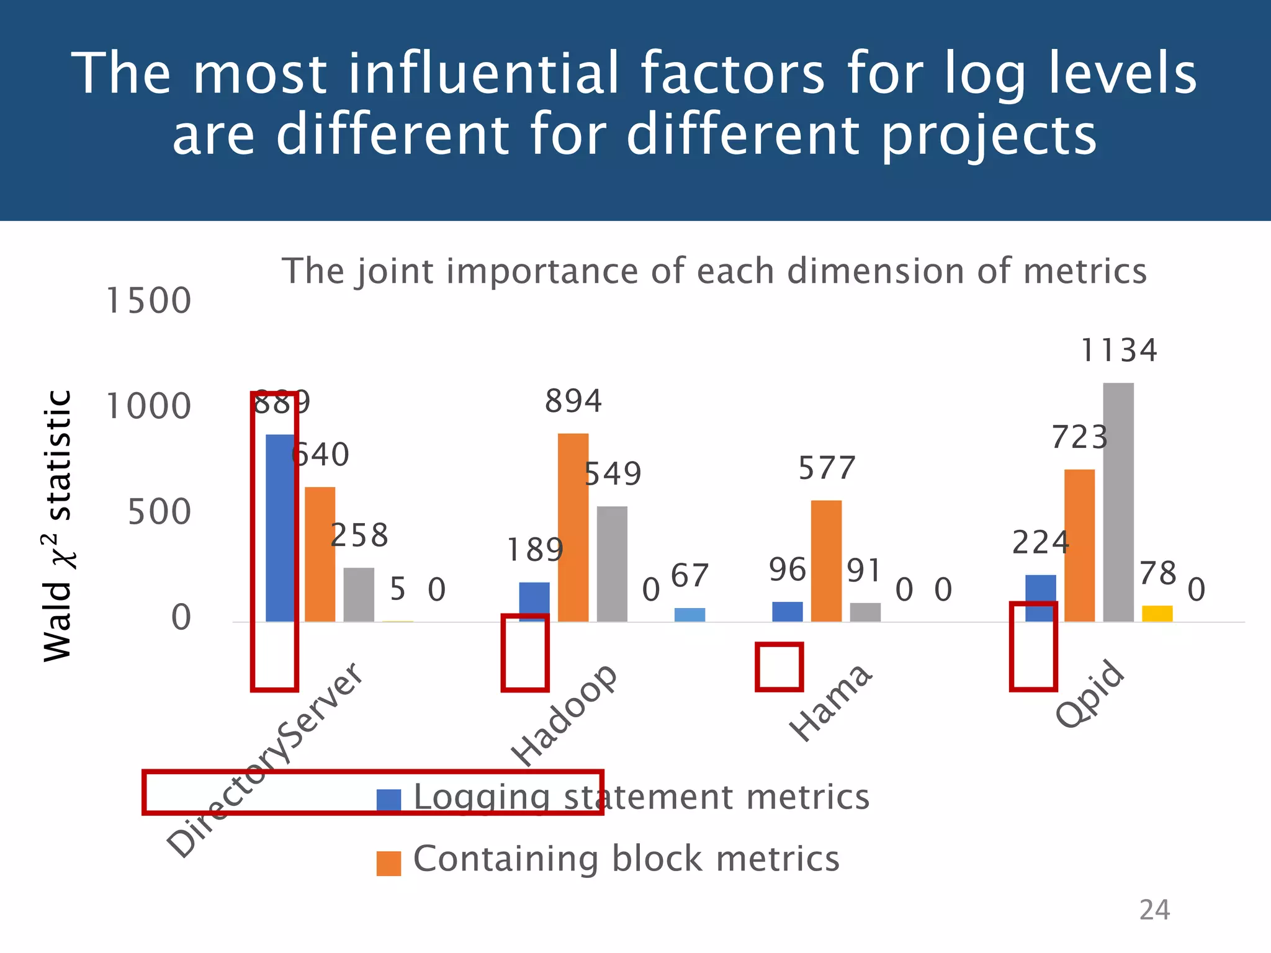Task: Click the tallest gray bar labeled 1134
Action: (1118, 502)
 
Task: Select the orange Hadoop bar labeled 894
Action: (573, 527)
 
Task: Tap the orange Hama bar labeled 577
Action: (826, 561)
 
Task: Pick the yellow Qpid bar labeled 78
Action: (1157, 614)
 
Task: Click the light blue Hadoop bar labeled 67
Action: (689, 615)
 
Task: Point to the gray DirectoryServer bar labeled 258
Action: (359, 594)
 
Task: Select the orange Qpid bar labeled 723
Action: (1079, 545)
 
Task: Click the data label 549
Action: (613, 474)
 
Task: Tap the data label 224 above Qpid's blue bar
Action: (1041, 543)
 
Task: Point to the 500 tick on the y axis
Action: (159, 512)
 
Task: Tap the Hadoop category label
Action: (565, 715)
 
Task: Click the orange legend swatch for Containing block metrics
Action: (388, 863)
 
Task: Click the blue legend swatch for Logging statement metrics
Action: (388, 800)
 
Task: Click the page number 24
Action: (1154, 910)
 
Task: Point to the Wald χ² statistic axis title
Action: (58, 526)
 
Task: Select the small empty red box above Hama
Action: (779, 667)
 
